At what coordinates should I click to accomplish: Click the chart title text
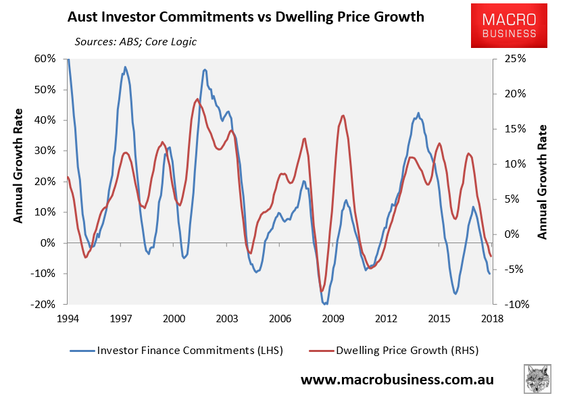coord(245,17)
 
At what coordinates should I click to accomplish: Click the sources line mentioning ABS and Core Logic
coord(136,42)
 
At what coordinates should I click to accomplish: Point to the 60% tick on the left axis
coord(45,59)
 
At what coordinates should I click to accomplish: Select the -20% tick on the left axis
coord(43,304)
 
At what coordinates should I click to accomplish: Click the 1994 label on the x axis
coord(68,319)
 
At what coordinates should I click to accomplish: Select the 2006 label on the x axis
coord(280,319)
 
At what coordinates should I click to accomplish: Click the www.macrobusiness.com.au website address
coord(397,380)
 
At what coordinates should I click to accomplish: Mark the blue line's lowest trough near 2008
coord(326,304)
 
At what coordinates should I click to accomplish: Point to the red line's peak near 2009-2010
coord(343,116)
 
